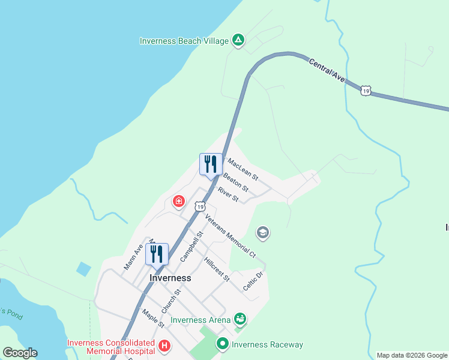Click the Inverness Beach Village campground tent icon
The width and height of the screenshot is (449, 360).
(238, 40)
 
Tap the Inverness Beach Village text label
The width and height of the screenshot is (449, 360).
(184, 41)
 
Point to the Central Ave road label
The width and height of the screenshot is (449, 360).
(328, 70)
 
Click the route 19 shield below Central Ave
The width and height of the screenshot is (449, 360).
(366, 91)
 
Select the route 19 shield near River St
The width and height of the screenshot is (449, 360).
(199, 206)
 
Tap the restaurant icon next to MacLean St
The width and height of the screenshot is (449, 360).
(211, 164)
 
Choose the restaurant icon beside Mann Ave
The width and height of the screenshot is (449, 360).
(157, 254)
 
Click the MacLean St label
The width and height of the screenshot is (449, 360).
(243, 169)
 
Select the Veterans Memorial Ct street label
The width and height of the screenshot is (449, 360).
(231, 236)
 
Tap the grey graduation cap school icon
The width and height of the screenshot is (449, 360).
(262, 232)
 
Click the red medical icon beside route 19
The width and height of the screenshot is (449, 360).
(178, 201)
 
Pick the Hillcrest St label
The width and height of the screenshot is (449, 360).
(217, 270)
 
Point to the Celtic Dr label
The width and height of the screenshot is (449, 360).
(253, 281)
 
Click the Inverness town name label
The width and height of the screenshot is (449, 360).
(170, 278)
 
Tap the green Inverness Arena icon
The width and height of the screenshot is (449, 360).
(240, 319)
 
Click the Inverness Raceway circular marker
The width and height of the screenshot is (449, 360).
(223, 344)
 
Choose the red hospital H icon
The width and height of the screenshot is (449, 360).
(164, 346)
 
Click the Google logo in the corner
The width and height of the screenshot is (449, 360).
(20, 353)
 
